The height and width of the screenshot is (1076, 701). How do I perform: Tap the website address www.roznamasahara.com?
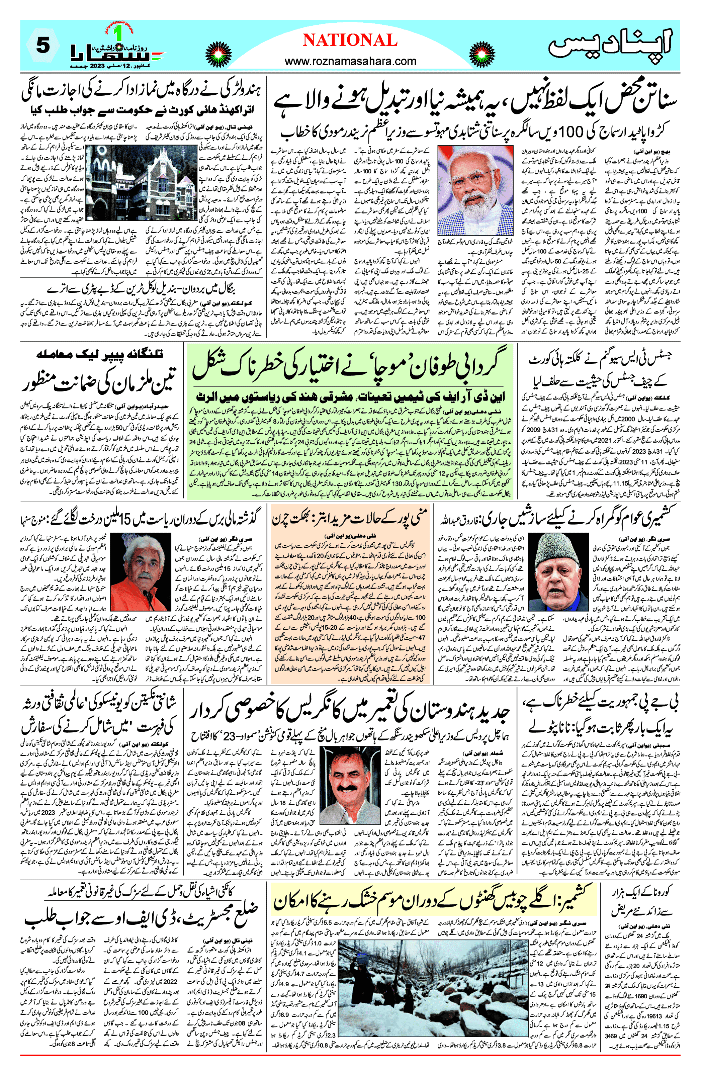(x=350, y=61)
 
